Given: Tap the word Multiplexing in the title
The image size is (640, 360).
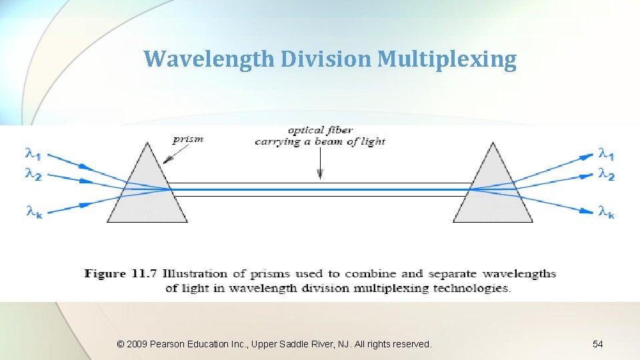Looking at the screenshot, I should [x=447, y=59].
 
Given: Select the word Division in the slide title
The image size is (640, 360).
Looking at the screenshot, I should [x=327, y=59].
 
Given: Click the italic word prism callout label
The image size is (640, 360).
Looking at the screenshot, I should [x=187, y=139].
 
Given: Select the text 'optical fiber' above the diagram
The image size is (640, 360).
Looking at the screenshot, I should [x=321, y=130].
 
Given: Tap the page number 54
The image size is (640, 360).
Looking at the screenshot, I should [x=597, y=344].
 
